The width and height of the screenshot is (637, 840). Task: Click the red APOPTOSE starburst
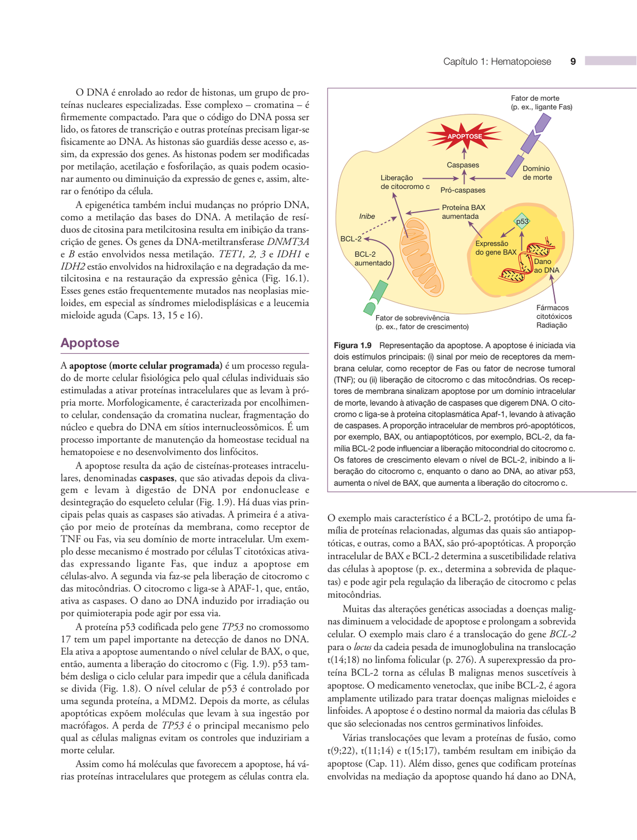464,136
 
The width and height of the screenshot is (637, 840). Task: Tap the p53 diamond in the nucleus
522,222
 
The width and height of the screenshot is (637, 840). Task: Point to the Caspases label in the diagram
463,165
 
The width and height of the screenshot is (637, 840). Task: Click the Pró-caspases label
463,190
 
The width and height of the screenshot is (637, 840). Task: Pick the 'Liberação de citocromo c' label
404,182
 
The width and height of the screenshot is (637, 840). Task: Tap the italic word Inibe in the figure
367,216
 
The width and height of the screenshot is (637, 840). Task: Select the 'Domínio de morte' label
537,173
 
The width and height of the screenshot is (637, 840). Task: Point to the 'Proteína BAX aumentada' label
463,212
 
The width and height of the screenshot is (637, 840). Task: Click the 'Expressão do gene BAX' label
495,248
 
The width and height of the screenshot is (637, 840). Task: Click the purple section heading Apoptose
90,343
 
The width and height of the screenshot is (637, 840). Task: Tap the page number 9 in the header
573,61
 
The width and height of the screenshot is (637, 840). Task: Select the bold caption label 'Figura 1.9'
353,346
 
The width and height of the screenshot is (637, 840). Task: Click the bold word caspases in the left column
157,478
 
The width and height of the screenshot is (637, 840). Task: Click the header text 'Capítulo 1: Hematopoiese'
497,61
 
